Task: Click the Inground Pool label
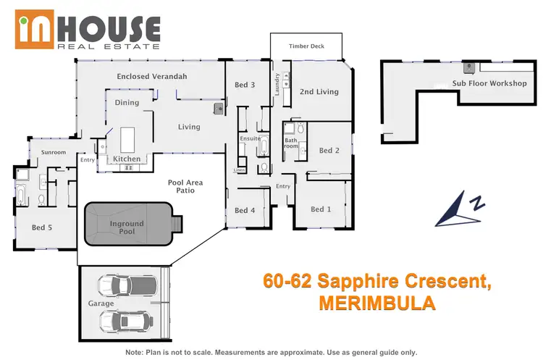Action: point(127,228)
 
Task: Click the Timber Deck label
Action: point(306,46)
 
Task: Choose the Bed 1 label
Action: point(321,209)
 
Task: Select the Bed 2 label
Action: point(329,151)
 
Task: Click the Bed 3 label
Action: point(245,85)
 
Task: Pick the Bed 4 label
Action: point(245,211)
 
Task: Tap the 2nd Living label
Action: point(319,92)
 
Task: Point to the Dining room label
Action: point(127,103)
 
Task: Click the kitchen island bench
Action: point(128,138)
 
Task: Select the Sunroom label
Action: point(54,153)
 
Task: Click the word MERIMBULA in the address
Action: point(376,303)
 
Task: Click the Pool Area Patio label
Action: point(185,188)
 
